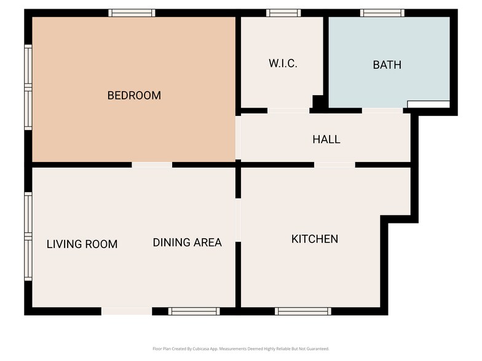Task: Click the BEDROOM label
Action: [134, 95]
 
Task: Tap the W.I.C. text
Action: [283, 63]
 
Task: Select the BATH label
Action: [387, 64]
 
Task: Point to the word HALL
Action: [326, 139]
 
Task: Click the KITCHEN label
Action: [314, 239]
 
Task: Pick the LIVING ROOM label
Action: [82, 244]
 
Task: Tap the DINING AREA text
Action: [187, 243]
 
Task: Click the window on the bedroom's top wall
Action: [132, 12]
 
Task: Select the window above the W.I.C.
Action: [283, 12]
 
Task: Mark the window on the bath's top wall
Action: [382, 12]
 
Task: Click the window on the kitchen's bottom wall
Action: [302, 311]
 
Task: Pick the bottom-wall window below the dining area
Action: [194, 311]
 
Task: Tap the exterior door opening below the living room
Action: [126, 311]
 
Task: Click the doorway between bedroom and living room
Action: [152, 165]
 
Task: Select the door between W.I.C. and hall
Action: [288, 111]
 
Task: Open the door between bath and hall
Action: [382, 111]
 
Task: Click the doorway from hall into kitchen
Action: [334, 165]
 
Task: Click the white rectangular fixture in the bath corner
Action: [429, 104]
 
